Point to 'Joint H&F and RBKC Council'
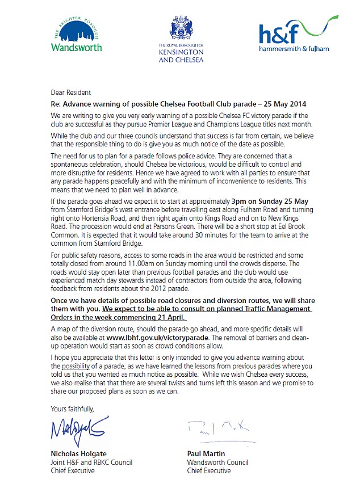[x=91, y=462]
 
